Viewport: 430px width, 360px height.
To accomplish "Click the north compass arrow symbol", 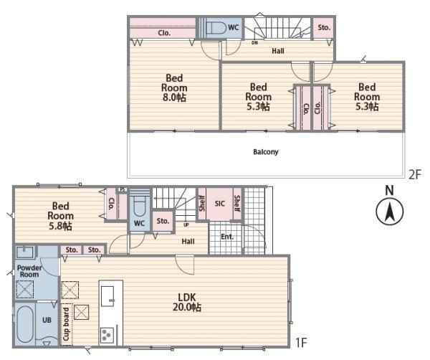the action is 389,212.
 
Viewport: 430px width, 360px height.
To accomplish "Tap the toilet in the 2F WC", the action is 216,28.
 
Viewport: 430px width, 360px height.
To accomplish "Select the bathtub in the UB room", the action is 24,324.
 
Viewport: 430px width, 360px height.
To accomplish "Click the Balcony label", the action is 265,152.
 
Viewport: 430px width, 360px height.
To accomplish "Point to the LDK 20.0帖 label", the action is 187,302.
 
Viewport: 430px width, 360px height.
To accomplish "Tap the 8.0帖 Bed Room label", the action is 174,87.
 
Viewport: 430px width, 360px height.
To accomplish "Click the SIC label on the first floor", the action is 220,204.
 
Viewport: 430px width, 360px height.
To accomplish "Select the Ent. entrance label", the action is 227,237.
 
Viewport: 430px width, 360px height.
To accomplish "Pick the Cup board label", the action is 66,324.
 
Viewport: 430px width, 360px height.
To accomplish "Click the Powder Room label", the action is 29,271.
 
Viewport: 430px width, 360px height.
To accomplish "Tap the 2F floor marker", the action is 414,174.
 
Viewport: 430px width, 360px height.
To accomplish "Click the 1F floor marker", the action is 301,343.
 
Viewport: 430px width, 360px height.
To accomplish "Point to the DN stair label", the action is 254,43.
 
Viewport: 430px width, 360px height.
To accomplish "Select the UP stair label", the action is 186,224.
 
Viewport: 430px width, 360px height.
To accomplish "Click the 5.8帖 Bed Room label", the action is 60,216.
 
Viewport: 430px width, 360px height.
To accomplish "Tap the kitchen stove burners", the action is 107,335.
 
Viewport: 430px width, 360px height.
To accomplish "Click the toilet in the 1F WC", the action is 140,207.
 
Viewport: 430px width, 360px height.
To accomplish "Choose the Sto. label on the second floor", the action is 324,27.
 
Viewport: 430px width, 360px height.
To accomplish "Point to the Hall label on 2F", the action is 278,51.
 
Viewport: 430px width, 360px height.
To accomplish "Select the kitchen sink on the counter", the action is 107,296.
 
